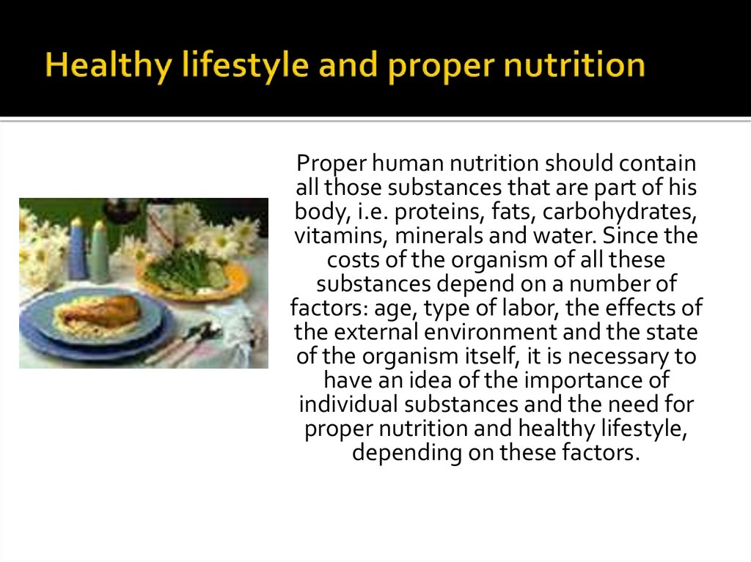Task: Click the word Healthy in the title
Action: click(x=108, y=65)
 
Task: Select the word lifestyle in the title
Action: click(x=245, y=65)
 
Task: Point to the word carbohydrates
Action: click(x=620, y=212)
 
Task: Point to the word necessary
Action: click(x=618, y=357)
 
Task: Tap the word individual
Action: click(x=348, y=404)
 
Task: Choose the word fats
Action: click(x=513, y=212)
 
